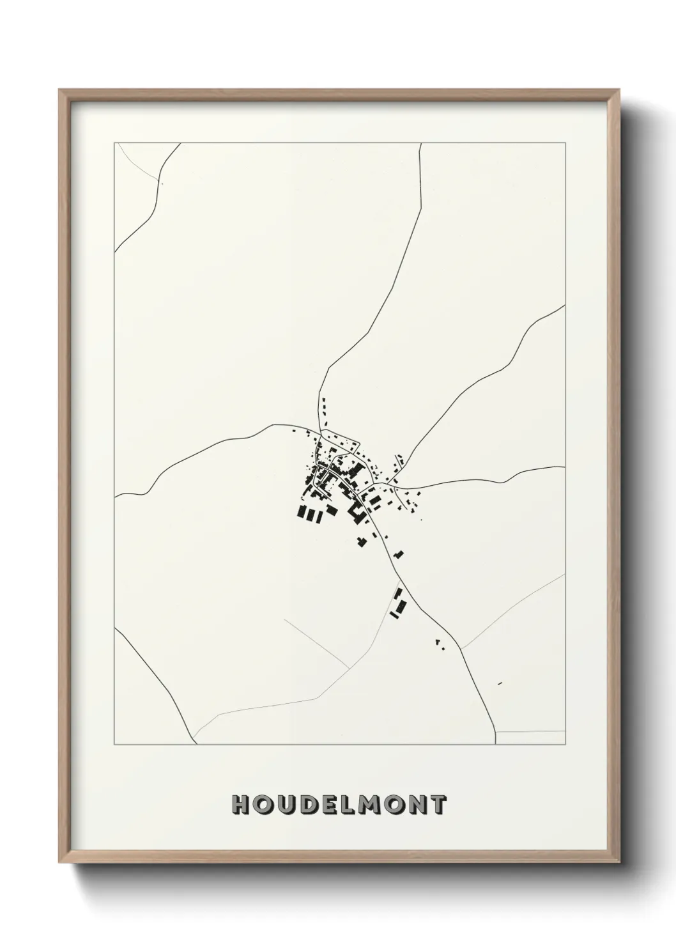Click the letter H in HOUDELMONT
click(242, 805)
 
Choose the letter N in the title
click(416, 805)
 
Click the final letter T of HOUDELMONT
click(437, 805)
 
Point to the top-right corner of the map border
click(565, 143)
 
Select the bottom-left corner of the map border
click(114, 745)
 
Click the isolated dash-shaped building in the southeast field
click(500, 684)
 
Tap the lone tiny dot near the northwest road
click(162, 184)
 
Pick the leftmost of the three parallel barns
click(301, 511)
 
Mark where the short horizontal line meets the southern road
click(497, 731)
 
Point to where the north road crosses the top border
click(421, 143)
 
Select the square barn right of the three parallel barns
click(331, 509)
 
